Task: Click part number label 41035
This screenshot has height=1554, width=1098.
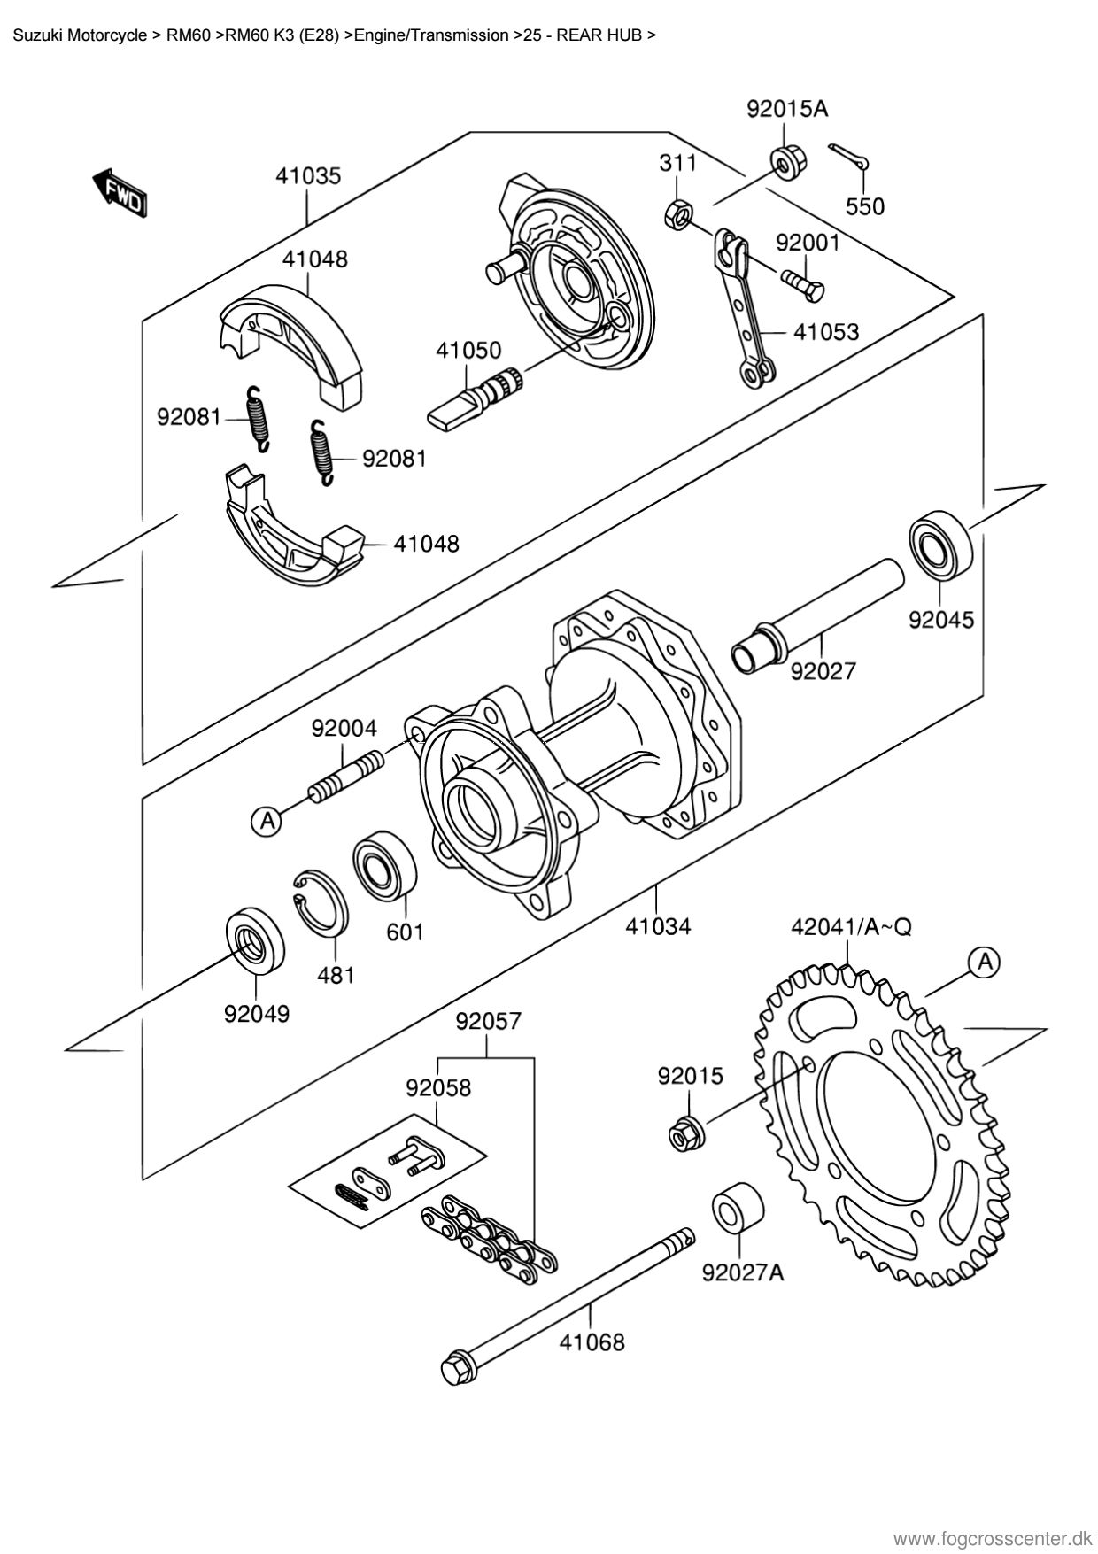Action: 307,176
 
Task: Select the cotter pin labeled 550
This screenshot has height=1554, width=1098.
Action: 850,158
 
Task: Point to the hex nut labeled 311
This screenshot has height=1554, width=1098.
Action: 678,213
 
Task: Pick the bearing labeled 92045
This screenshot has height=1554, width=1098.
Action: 940,545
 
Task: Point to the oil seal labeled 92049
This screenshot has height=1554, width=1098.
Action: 257,941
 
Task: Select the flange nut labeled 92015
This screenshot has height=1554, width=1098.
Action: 686,1133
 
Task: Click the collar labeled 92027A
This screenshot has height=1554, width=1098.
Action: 738,1205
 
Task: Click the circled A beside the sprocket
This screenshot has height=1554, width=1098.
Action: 985,961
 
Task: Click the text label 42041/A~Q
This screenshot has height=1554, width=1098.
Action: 851,927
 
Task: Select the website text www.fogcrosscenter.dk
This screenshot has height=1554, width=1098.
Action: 993,1533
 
